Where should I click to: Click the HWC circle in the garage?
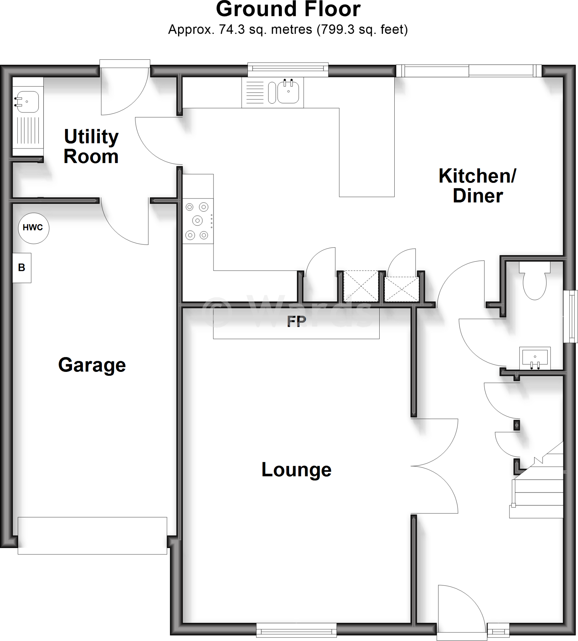(33, 228)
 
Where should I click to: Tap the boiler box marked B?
(22, 268)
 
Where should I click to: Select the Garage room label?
(92, 365)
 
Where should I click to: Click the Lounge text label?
(296, 469)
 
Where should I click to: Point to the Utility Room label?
(91, 146)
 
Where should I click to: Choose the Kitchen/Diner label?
(477, 186)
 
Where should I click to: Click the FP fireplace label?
(296, 321)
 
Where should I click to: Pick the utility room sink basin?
(28, 102)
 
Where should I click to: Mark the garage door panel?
(92, 536)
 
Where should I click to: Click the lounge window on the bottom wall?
(296, 629)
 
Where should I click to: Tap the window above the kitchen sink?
(288, 69)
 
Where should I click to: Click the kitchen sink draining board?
(255, 92)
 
